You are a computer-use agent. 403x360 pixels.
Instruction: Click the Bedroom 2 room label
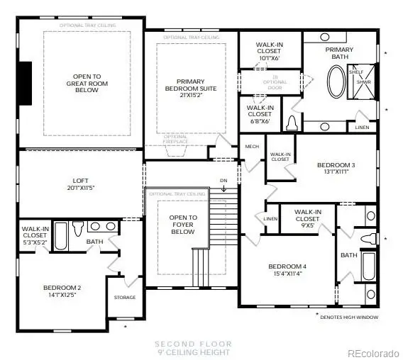click(62, 291)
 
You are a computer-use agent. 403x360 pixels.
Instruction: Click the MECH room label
click(252, 147)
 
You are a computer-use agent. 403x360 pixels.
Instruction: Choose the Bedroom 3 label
click(336, 168)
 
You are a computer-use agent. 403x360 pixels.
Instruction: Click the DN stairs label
click(224, 180)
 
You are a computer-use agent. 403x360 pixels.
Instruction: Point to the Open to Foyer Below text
click(182, 224)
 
